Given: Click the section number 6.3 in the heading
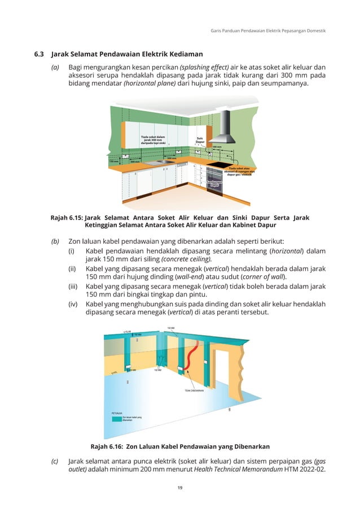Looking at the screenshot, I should (39, 55).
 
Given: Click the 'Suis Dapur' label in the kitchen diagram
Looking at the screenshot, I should (200, 140).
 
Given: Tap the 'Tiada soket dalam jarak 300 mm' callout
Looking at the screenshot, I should (153, 139).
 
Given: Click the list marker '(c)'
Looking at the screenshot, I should (55, 460).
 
